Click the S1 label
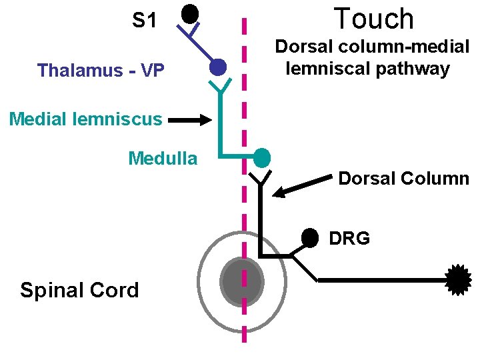[144, 21]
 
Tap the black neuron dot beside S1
[191, 13]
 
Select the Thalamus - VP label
[101, 70]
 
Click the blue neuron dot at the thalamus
[217, 67]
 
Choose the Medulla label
[163, 159]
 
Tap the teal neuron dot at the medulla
[262, 158]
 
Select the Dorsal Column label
[404, 179]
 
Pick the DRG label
[349, 238]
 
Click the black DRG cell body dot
[309, 237]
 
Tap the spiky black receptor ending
[458, 279]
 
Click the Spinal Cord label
[79, 290]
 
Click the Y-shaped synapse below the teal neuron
[261, 177]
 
